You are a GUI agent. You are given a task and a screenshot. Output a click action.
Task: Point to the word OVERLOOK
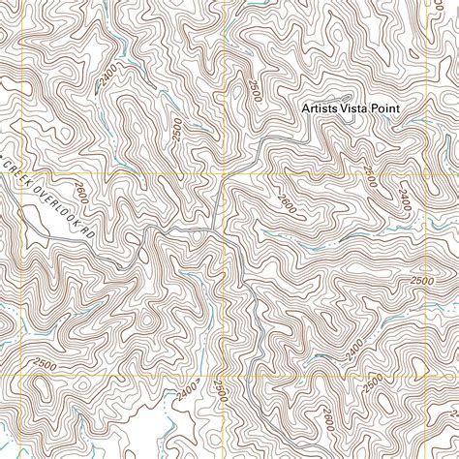(54, 200)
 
